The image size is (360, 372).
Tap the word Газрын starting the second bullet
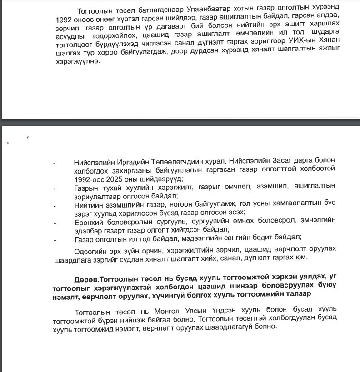(85, 187)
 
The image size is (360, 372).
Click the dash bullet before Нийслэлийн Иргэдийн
(55, 162)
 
